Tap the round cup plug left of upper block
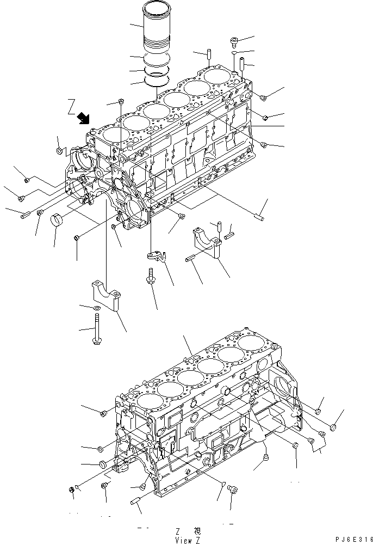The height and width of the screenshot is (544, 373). click(59, 223)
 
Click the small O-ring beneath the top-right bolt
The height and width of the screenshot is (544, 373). click(233, 54)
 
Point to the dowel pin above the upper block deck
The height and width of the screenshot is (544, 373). click(209, 56)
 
